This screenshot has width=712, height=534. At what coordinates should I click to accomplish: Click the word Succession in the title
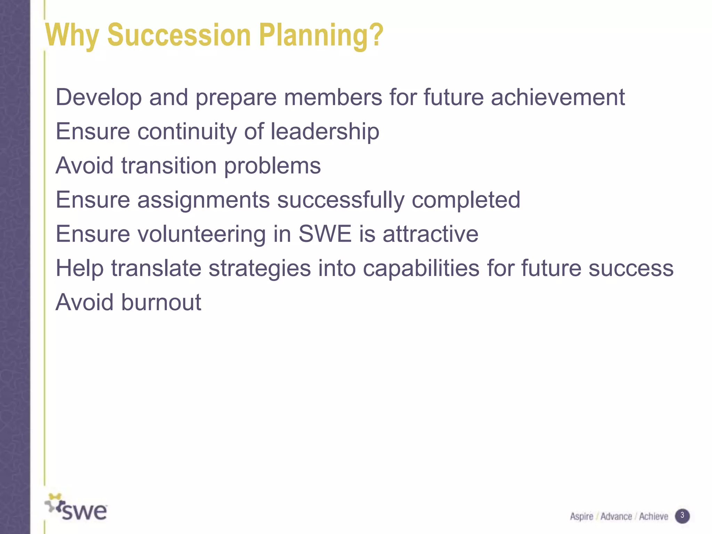[179, 35]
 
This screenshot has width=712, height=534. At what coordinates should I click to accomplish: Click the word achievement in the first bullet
[558, 97]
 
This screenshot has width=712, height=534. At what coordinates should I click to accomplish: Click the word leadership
[325, 132]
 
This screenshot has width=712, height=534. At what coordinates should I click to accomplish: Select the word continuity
[187, 132]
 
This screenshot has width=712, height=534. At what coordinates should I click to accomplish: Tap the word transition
[169, 165]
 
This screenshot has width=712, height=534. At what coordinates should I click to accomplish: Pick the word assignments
[203, 200]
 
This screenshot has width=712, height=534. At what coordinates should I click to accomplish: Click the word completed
[466, 200]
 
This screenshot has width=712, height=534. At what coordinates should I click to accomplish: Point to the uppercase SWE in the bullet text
[325, 234]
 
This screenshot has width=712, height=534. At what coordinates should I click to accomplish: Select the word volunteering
[202, 234]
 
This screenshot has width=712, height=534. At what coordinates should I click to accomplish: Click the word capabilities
[421, 268]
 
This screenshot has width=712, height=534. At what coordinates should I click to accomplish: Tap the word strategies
[259, 269]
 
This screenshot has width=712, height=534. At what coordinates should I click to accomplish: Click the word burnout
[161, 302]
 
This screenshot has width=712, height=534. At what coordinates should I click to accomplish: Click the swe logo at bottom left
[76, 508]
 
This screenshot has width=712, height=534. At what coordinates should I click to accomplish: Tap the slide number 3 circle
[682, 516]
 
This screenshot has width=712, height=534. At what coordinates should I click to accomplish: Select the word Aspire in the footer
[581, 517]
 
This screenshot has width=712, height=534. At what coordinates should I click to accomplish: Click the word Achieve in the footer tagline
[654, 517]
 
